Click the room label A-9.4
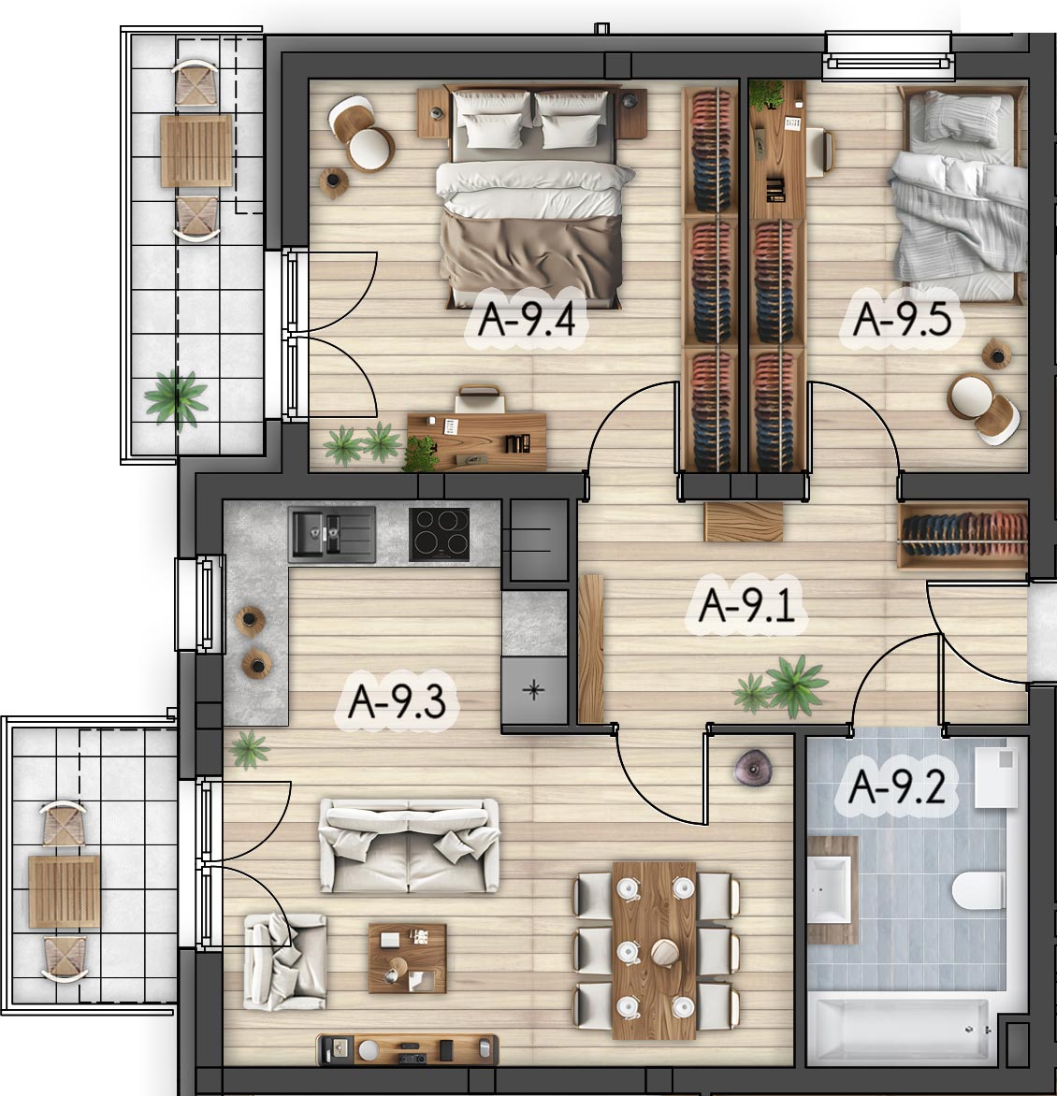click(528, 319)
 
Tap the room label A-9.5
click(903, 319)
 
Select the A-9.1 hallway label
click(746, 605)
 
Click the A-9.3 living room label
click(397, 701)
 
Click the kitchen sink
click(332, 535)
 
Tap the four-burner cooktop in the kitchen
click(439, 535)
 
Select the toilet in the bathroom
click(978, 890)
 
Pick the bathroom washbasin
click(830, 889)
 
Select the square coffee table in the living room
click(408, 959)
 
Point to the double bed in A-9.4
click(532, 197)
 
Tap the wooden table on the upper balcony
click(196, 151)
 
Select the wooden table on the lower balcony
click(65, 892)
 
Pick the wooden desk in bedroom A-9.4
click(477, 441)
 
